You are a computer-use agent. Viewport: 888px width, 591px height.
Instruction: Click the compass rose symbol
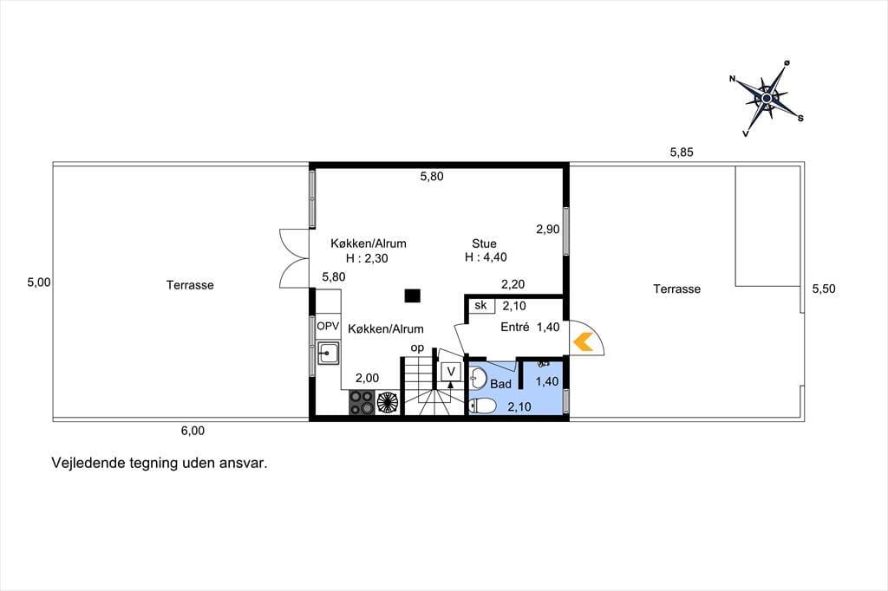click(x=767, y=99)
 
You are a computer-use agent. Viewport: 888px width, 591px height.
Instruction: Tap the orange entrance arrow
click(x=584, y=342)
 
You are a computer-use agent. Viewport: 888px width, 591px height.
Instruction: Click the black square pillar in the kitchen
click(x=412, y=295)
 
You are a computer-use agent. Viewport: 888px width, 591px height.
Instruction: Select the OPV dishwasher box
click(x=328, y=326)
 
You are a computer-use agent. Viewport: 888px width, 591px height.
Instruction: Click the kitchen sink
click(x=328, y=353)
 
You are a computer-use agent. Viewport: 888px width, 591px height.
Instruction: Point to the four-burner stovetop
click(x=362, y=402)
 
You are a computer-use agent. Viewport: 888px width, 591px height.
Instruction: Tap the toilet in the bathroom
click(x=482, y=406)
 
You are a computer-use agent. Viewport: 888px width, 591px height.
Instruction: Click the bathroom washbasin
click(x=478, y=378)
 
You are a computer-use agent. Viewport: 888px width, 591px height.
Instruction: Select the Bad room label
click(x=500, y=384)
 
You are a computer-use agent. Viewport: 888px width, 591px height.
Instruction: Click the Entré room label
click(x=515, y=327)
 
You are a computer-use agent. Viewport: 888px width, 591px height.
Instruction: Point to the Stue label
click(x=484, y=244)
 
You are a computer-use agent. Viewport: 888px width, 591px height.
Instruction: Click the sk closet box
click(x=481, y=306)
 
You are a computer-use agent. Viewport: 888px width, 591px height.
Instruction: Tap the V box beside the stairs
click(x=451, y=372)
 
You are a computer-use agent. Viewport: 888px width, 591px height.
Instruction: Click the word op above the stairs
click(x=417, y=348)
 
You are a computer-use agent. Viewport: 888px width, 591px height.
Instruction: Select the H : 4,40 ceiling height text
click(x=486, y=257)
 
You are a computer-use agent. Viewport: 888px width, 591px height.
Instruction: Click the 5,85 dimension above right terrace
click(x=682, y=152)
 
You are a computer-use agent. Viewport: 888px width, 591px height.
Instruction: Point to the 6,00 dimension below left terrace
click(x=193, y=431)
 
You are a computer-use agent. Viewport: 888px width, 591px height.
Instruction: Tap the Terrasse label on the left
click(x=190, y=285)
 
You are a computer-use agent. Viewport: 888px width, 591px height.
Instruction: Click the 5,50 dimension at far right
click(x=824, y=289)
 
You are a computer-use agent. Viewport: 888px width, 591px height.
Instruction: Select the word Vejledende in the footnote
click(x=88, y=463)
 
